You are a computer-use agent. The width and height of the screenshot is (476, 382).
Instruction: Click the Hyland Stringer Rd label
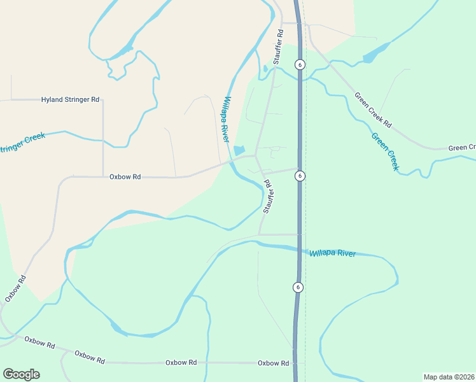pos(71,100)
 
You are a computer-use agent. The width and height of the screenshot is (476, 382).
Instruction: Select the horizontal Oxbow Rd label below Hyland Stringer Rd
pos(125,177)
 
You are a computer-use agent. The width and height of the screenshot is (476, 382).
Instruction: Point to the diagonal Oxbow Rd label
pos(15,288)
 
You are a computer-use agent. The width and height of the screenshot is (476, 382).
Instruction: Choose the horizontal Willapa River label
pos(333,253)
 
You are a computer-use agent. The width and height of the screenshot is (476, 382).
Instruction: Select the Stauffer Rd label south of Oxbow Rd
pos(267,196)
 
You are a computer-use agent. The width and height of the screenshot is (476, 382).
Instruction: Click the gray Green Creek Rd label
pos(373,110)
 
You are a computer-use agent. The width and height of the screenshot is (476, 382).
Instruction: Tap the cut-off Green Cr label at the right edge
pos(462,148)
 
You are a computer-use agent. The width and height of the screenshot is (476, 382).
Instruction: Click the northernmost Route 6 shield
pos(300,64)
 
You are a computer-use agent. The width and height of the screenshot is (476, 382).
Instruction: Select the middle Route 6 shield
pos(300,176)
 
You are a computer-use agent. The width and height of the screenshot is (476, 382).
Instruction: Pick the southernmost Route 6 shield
pos(297,287)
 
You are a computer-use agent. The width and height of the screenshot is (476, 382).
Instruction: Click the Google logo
pos(21,374)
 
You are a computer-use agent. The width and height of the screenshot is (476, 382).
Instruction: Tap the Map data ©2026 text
pos(449,377)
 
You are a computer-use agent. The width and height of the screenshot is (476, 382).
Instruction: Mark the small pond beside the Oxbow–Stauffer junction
pos(239,151)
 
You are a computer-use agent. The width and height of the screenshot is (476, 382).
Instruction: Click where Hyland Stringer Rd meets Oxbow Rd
pos(103,177)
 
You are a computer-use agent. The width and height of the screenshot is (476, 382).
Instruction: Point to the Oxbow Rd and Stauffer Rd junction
pos(256,155)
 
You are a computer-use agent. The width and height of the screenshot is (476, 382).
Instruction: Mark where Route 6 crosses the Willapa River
pos(298,248)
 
